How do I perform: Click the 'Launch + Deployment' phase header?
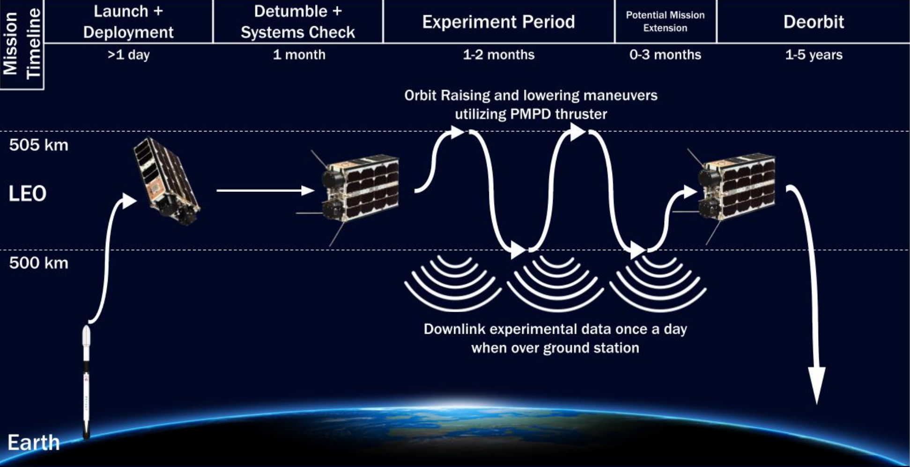click(128, 22)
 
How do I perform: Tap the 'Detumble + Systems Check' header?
click(298, 22)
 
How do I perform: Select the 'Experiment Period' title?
click(498, 22)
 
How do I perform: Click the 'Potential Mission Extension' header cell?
click(665, 22)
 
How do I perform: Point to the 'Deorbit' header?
click(814, 22)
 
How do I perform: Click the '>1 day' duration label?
click(128, 55)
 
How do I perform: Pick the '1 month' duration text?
click(299, 55)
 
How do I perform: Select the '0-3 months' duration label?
click(665, 55)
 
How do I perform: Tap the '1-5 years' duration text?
click(814, 55)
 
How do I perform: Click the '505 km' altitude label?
click(38, 145)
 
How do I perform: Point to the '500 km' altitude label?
click(38, 263)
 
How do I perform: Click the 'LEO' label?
click(27, 194)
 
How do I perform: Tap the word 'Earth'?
click(34, 443)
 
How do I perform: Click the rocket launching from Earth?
click(86, 381)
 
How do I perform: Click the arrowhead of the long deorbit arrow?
click(817, 386)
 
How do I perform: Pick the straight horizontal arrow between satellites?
click(265, 190)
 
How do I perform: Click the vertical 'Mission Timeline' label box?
click(22, 44)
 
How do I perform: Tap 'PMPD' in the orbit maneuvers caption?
click(531, 114)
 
